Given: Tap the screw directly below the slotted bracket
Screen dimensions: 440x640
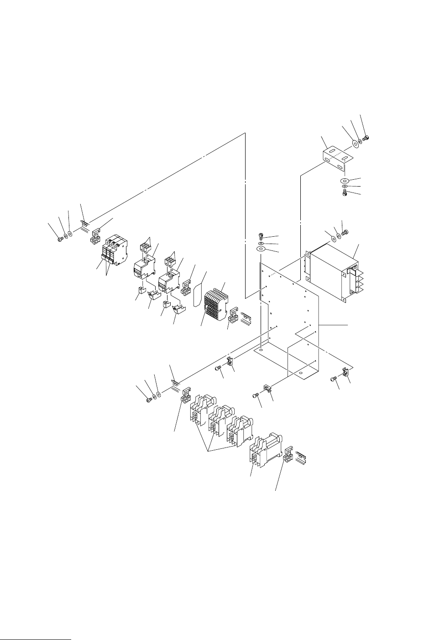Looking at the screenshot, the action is click(346, 194).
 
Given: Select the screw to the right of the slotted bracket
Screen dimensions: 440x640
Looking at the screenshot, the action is click(367, 138).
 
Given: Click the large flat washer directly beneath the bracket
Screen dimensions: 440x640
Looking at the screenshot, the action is click(345, 181).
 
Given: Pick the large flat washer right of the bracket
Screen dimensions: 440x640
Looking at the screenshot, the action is click(354, 146).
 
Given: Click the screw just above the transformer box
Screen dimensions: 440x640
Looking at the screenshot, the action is click(345, 233).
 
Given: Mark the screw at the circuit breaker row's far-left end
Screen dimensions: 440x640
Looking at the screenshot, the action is click(59, 239).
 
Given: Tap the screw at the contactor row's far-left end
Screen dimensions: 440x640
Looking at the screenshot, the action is click(148, 400).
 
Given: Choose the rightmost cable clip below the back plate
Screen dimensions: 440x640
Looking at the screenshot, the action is click(345, 372).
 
